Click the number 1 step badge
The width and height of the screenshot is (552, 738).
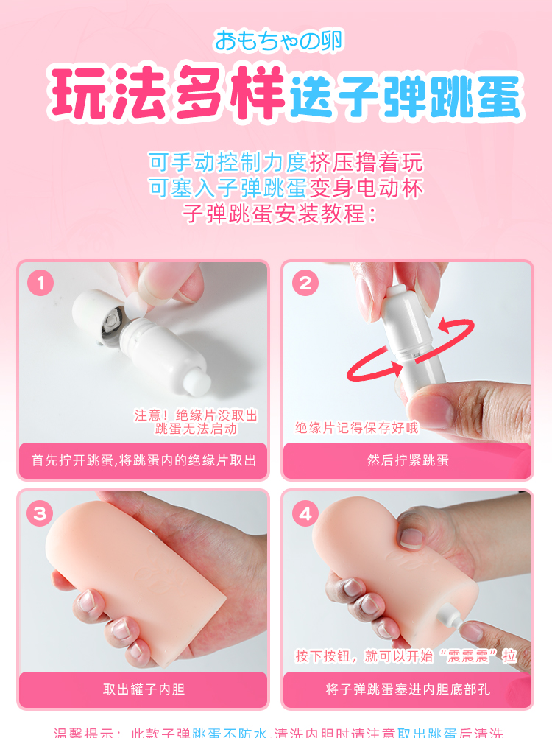tap(40, 283)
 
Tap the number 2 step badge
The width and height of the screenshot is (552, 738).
tap(305, 283)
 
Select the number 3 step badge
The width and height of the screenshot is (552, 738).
tap(40, 513)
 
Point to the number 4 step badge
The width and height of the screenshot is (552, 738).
tap(305, 513)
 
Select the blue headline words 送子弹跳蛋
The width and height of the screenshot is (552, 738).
tap(404, 96)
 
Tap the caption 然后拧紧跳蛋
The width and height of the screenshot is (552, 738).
tap(407, 460)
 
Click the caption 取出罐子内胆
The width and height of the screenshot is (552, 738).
tap(143, 690)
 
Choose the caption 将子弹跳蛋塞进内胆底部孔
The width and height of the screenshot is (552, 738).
tap(407, 690)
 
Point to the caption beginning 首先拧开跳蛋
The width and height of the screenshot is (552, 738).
tap(143, 460)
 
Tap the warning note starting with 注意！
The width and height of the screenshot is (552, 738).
tap(196, 422)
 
